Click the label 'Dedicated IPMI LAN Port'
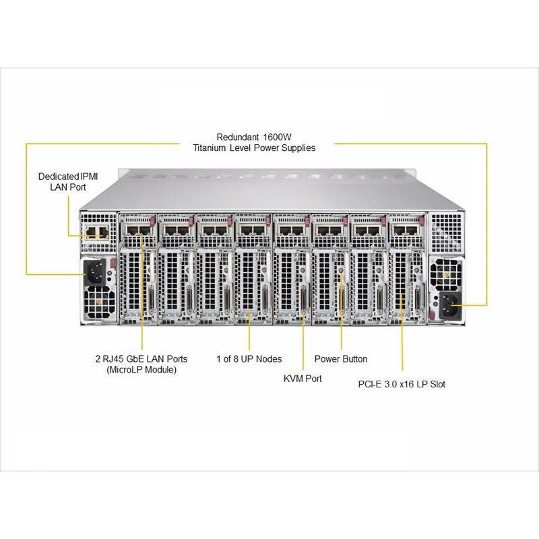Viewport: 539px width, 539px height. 65,181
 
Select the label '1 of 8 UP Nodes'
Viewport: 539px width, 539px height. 249,358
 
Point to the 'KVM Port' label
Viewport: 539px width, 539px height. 303,379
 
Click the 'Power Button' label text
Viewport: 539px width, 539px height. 341,358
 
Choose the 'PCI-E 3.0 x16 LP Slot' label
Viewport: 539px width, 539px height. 402,384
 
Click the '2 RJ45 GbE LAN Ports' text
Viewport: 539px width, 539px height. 141,358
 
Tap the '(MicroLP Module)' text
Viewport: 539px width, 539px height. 141,371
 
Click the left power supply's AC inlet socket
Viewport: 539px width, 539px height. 95,273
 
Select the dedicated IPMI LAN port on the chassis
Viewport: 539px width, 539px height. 94,232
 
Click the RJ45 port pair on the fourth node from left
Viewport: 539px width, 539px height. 253,231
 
